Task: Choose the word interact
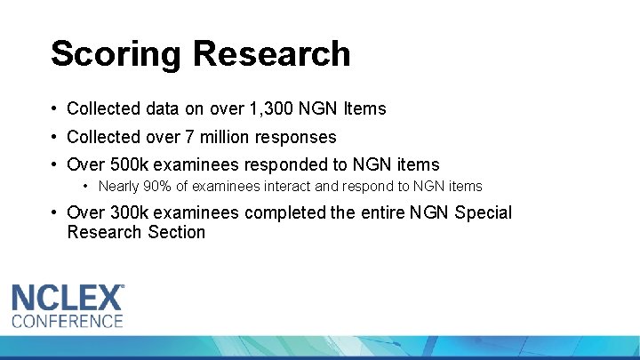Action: pyautogui.click(x=287, y=187)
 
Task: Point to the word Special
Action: pyautogui.click(x=484, y=213)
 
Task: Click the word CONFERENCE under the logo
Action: pyautogui.click(x=67, y=321)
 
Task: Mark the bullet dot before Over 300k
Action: pyautogui.click(x=55, y=213)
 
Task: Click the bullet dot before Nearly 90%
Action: pyautogui.click(x=86, y=187)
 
